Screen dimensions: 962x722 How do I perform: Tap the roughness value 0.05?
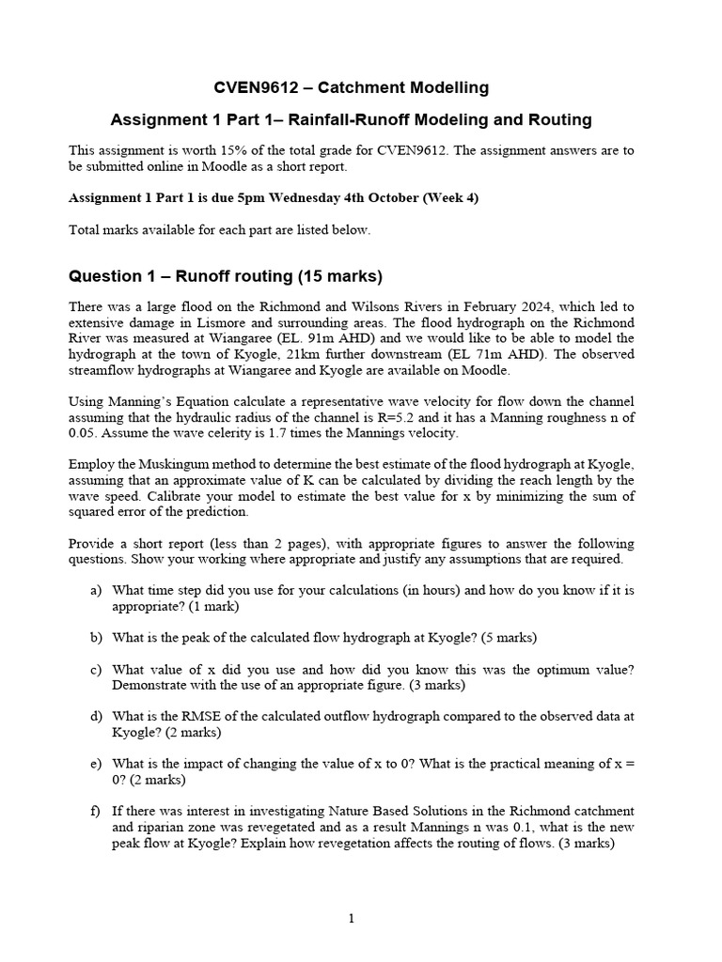click(83, 432)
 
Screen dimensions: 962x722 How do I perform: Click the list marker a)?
click(96, 591)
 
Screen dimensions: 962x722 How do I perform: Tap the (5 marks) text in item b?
click(509, 638)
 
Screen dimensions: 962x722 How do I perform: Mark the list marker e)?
click(96, 764)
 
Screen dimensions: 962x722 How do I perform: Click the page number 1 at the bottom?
click(352, 920)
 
